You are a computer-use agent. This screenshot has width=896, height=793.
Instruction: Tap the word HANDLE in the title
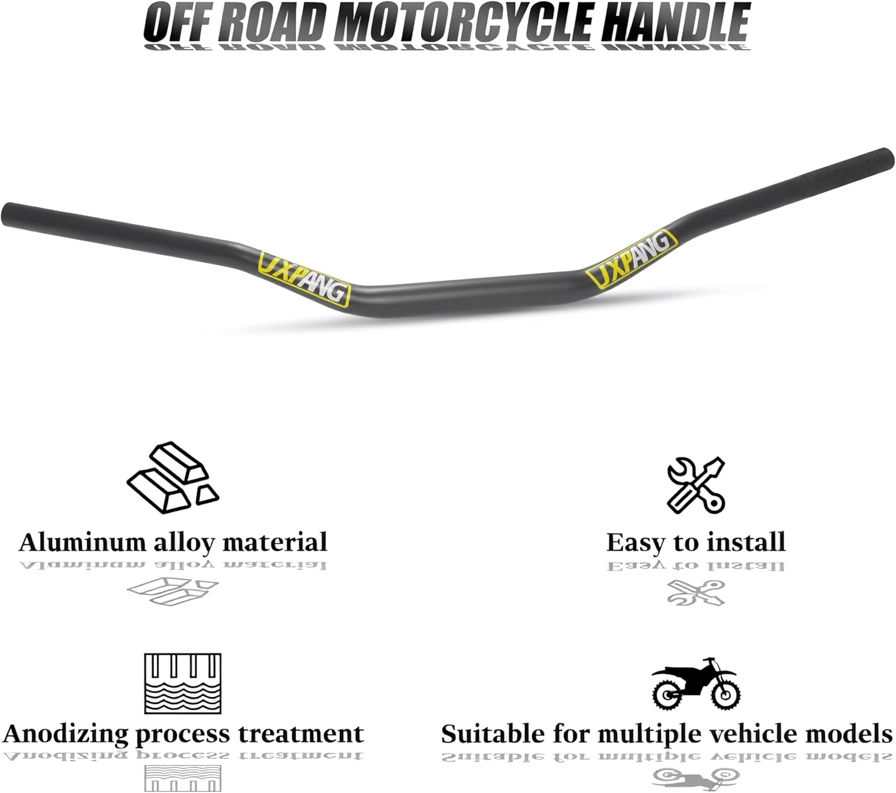(x=675, y=23)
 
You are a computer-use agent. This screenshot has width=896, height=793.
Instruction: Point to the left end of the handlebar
(x=11, y=214)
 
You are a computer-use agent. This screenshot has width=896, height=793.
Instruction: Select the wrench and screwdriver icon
(x=695, y=485)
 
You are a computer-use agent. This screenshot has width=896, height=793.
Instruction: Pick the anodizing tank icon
(x=183, y=683)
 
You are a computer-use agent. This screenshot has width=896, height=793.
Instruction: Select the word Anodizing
(x=66, y=734)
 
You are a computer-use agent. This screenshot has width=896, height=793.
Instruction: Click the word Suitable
(x=484, y=733)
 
